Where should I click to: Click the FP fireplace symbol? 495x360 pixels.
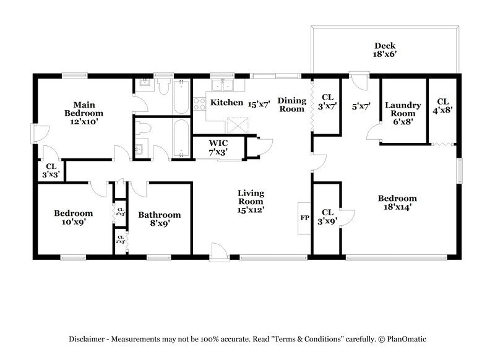304,218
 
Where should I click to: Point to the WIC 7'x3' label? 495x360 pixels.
218,147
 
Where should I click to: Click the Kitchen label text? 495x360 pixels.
226,102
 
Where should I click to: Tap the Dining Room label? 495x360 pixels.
291,105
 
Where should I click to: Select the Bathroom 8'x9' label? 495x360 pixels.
160,219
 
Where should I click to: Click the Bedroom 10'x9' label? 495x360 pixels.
73,217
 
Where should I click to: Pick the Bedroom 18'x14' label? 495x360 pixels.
397,203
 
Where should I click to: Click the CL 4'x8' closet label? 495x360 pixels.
443,106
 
